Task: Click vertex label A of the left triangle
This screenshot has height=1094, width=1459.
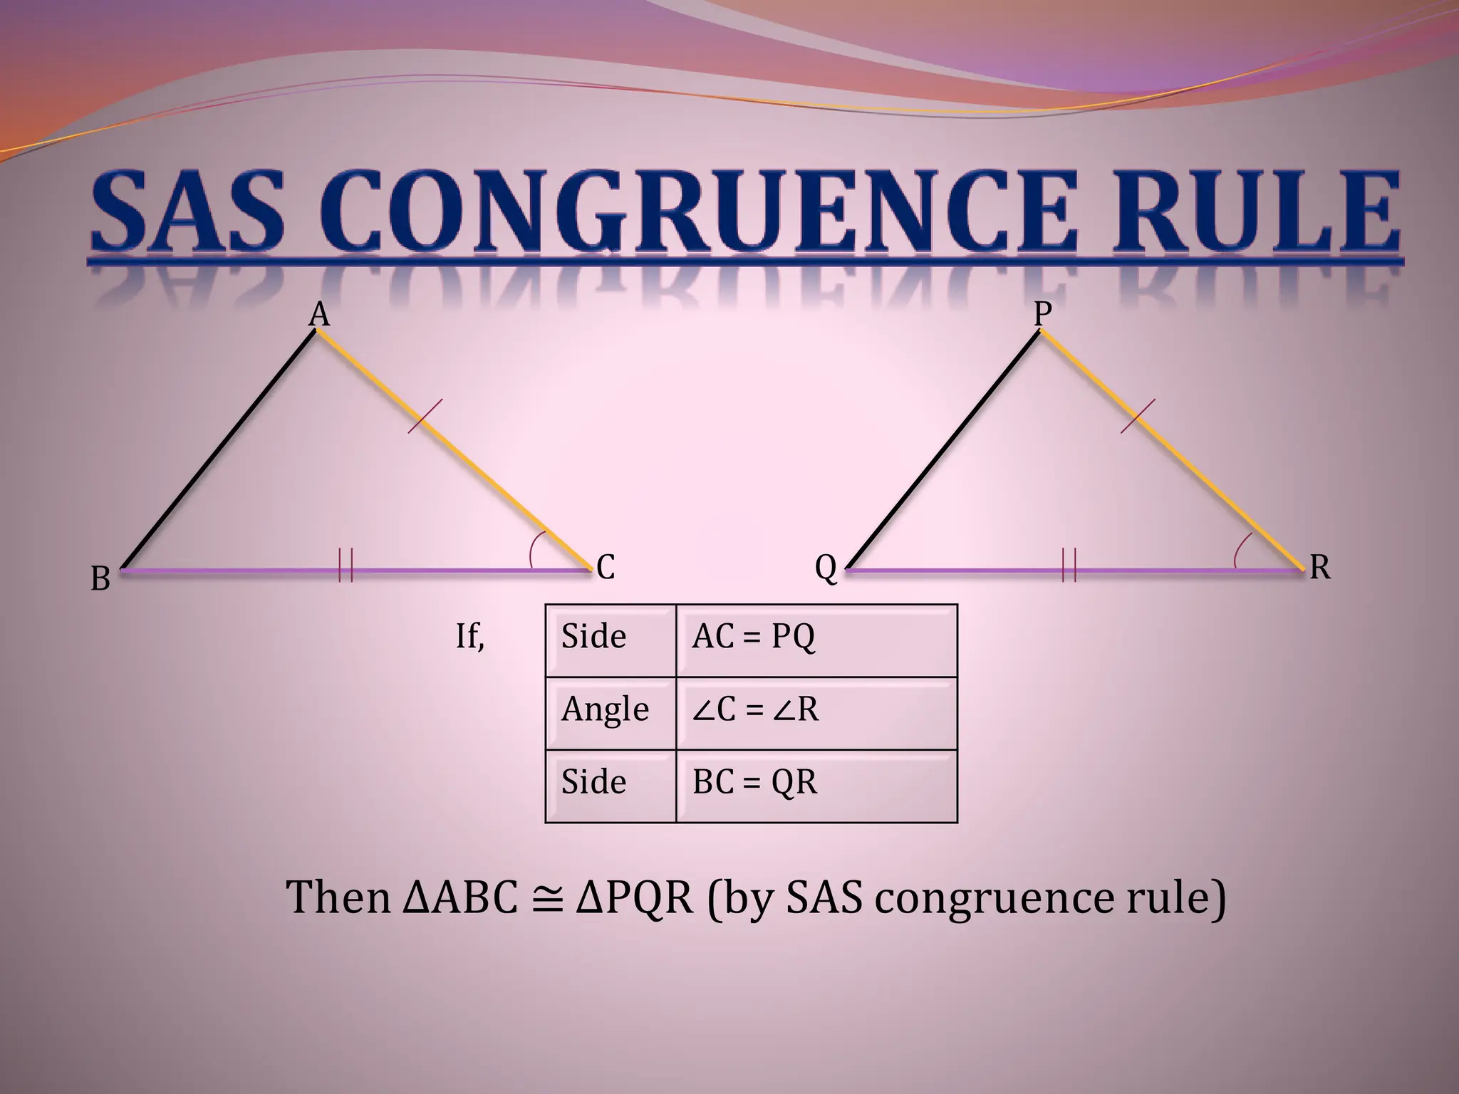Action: (319, 314)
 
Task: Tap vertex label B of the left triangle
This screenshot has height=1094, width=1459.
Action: (100, 579)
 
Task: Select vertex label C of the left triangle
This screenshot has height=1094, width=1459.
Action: (605, 568)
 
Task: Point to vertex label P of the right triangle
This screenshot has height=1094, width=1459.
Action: (1043, 313)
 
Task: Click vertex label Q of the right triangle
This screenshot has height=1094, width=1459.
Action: (826, 568)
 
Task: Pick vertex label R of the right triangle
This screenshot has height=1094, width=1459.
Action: (1319, 568)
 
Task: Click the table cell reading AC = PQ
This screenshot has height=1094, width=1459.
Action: (816, 640)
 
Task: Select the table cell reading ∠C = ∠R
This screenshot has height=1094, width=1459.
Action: (816, 713)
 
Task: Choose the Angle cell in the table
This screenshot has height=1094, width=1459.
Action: (610, 713)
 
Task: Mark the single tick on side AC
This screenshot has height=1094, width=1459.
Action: (425, 416)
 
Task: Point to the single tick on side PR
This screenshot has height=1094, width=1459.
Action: (1138, 416)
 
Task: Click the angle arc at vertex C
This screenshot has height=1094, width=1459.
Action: (536, 549)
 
